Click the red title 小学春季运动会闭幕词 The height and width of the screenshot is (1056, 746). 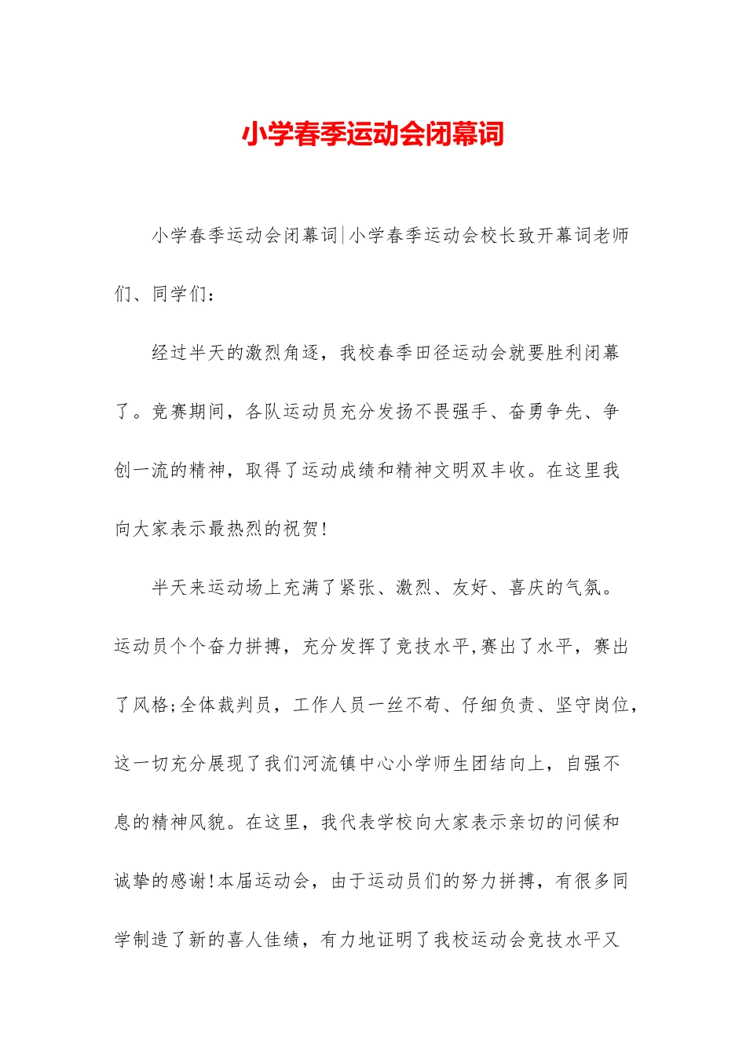point(372,134)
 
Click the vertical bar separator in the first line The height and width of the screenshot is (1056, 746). point(342,235)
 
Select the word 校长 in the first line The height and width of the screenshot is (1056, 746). point(498,235)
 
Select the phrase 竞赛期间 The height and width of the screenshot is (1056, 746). point(188,412)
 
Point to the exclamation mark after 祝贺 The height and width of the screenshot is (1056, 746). point(324,530)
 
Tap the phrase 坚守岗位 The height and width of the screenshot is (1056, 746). point(593,705)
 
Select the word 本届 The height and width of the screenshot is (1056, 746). point(236,882)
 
